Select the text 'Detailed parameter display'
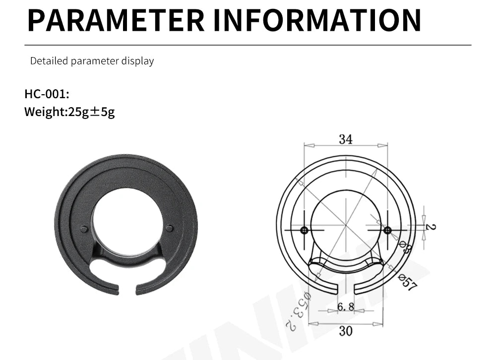point(92,61)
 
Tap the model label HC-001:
point(47,94)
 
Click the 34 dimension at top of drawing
point(346,139)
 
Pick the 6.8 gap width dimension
point(346,307)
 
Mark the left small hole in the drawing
point(304,231)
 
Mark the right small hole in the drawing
point(387,230)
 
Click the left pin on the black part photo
point(84,229)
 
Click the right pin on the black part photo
point(170,228)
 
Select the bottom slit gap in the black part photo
point(127,288)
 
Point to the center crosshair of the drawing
point(346,226)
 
